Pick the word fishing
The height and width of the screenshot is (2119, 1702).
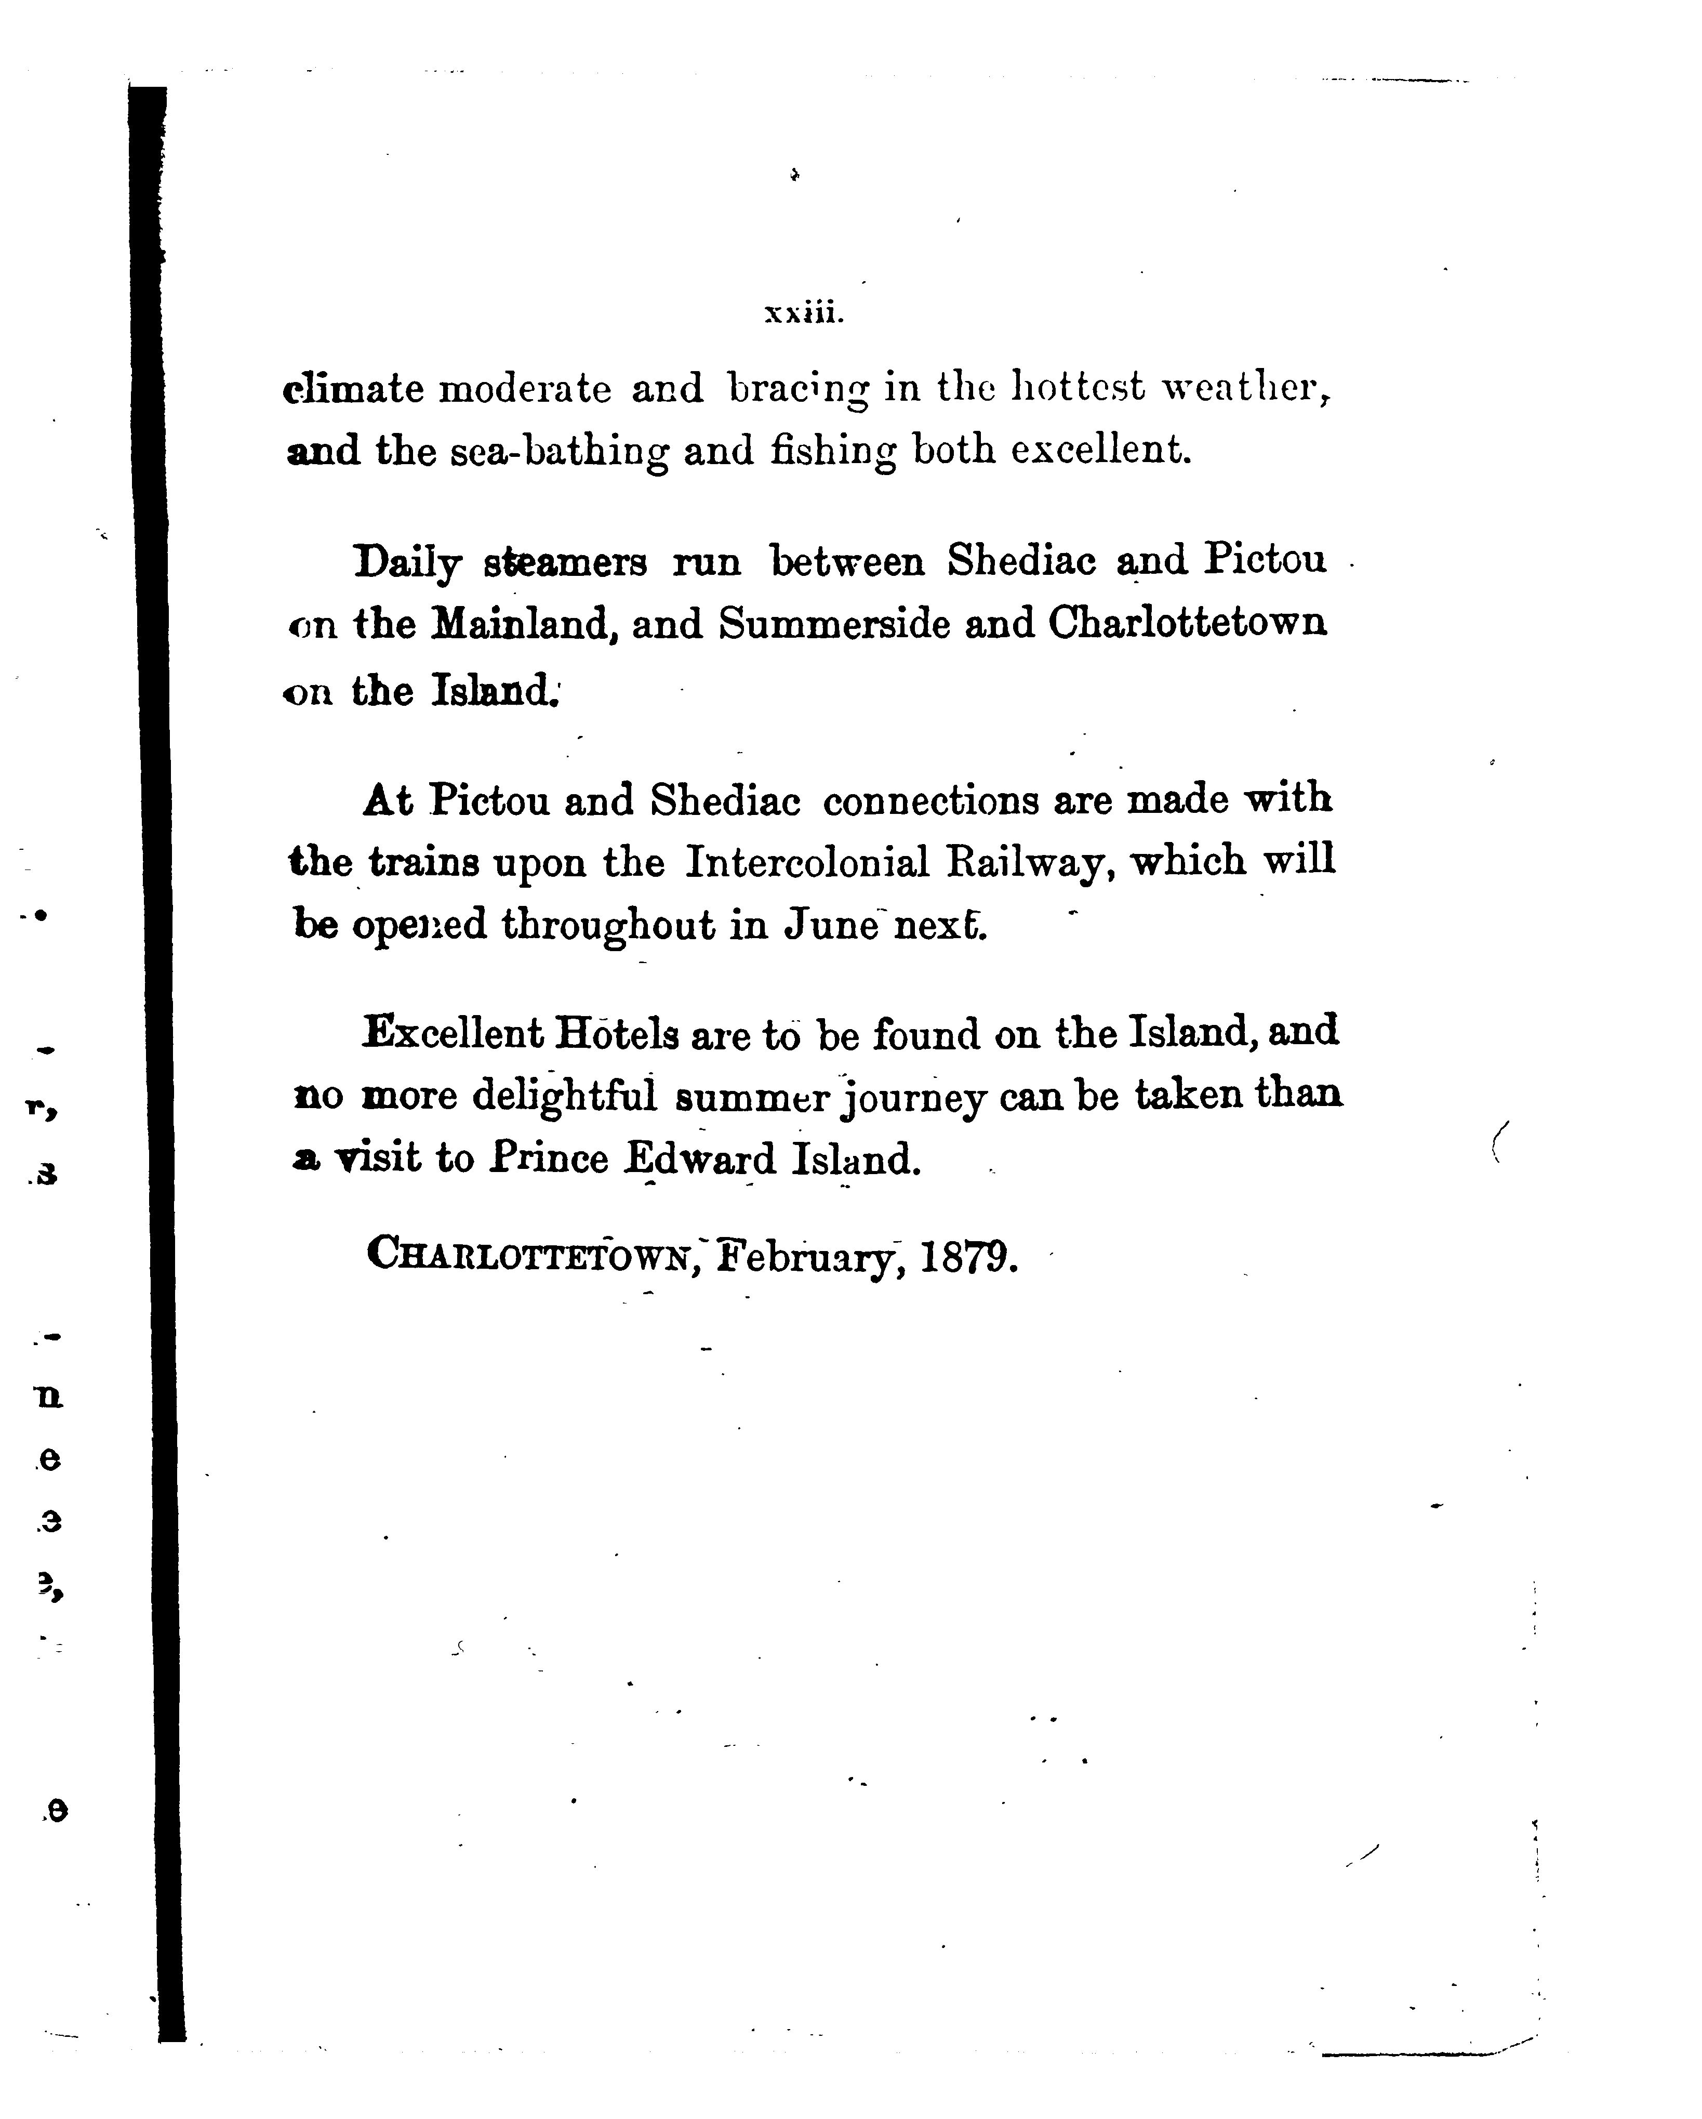pos(833,452)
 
